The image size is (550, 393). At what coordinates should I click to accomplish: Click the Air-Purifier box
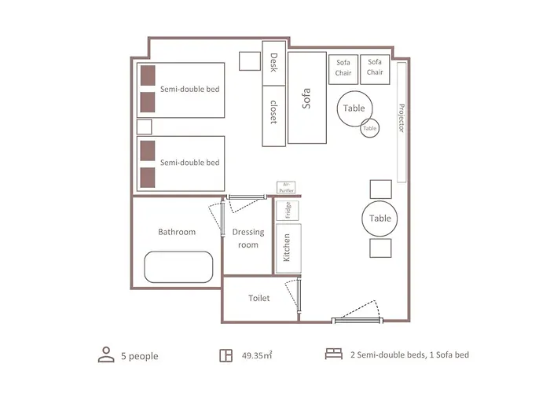coord(286,187)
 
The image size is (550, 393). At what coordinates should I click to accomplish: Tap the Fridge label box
coord(288,210)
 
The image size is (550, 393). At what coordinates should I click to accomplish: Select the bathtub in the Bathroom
coord(178,267)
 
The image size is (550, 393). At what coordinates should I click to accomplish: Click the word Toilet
coord(258,298)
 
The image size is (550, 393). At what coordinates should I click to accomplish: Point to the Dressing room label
coord(248,238)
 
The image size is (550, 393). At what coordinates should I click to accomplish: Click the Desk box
coord(274,63)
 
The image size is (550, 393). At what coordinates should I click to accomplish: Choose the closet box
coord(274,116)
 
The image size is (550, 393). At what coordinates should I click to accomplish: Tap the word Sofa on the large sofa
coord(306,98)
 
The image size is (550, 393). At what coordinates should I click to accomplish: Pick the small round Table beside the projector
coord(370,128)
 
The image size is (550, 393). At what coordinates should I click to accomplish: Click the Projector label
coord(401,118)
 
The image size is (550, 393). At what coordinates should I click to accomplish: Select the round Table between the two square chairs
coord(379,219)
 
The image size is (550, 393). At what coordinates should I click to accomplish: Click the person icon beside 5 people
coord(106,354)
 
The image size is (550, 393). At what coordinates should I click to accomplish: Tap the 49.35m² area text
coord(257,355)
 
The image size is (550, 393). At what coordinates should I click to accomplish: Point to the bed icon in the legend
coord(334,354)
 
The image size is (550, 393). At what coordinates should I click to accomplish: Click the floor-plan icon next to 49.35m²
coord(226,355)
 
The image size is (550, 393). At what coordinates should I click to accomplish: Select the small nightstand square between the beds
coord(144,127)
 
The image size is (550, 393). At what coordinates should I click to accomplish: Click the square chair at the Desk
coord(250,61)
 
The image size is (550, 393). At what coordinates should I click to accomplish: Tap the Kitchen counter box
coord(288,248)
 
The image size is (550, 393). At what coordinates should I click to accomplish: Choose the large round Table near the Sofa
coord(354,108)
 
